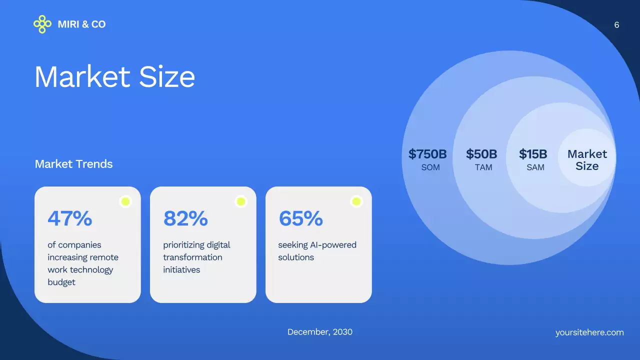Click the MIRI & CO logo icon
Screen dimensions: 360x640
(42, 24)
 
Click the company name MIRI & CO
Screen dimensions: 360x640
(81, 24)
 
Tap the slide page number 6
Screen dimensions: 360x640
(616, 25)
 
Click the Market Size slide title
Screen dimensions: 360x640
(114, 77)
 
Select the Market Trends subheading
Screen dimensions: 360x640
(73, 164)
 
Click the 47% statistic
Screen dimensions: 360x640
(70, 218)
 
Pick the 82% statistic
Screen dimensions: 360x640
(185, 218)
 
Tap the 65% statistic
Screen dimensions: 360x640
(300, 218)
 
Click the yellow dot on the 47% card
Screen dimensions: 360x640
(125, 201)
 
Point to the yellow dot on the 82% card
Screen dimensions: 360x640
(241, 201)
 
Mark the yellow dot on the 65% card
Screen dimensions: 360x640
(356, 201)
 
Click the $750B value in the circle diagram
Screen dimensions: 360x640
(427, 154)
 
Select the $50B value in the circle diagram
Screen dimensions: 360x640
(481, 154)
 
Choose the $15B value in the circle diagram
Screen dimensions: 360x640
(533, 154)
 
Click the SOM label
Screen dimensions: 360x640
(430, 167)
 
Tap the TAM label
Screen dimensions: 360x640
(483, 167)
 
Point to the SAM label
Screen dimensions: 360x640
(535, 167)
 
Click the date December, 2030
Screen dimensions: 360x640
(320, 332)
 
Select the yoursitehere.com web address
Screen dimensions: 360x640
(589, 332)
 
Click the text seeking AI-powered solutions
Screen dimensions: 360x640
(317, 251)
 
